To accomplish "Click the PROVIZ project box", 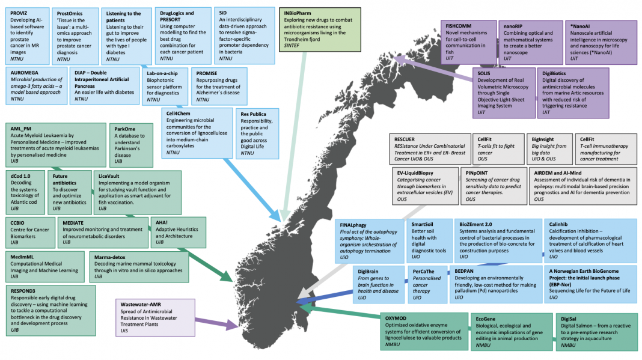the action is click(28, 36).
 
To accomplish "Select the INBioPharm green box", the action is click(320, 29).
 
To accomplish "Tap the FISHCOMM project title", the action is click(458, 26).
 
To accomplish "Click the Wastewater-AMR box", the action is click(155, 318).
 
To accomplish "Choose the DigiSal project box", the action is click(596, 332).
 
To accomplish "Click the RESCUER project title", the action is click(404, 139).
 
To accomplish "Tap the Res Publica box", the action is click(257, 133).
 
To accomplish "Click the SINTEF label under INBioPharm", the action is click(292, 46).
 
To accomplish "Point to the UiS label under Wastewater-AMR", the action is click(124, 331).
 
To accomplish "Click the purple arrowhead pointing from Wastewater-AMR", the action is click(231, 326).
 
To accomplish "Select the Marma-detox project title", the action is click(110, 257).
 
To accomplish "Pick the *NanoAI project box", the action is click(601, 43).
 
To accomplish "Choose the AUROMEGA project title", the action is click(25, 73).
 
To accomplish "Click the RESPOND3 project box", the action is click(50, 311).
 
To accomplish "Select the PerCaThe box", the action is click(427, 285).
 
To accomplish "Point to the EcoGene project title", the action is click(485, 319).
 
